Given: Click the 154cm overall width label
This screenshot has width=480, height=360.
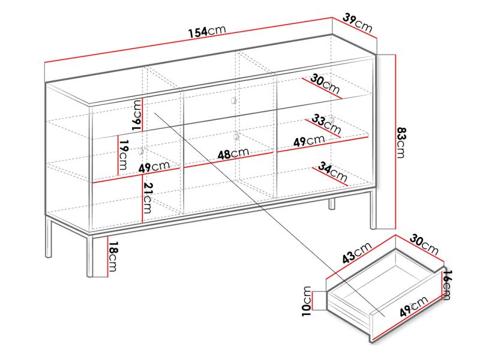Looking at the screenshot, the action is click(x=207, y=31).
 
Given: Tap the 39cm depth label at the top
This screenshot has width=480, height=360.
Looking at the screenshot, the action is click(x=357, y=23).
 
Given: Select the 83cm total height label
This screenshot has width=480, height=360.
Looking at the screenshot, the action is click(x=401, y=142).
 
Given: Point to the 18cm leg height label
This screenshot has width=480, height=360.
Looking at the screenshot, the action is click(x=112, y=257).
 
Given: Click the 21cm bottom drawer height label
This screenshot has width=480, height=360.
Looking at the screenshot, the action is click(x=148, y=198).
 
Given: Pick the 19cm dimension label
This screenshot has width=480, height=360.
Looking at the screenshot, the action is click(x=123, y=155).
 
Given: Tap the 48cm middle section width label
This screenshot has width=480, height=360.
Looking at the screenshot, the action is click(x=233, y=154).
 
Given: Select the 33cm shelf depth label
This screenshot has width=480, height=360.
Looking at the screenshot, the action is click(x=326, y=124).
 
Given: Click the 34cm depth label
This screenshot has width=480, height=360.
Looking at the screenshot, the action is click(x=332, y=172).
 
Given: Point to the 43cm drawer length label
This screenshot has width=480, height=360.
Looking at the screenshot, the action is click(x=357, y=252).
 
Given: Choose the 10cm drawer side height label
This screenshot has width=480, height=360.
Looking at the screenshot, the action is click(x=307, y=301).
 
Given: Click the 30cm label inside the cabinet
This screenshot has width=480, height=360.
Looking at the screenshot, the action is click(x=325, y=84).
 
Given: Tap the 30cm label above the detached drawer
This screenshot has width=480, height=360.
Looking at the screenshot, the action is click(x=424, y=244).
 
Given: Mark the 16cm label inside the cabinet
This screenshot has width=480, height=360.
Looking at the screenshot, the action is click(x=137, y=115).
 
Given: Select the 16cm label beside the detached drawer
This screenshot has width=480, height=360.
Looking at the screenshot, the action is click(x=446, y=284).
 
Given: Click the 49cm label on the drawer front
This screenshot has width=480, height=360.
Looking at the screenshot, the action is click(x=413, y=306).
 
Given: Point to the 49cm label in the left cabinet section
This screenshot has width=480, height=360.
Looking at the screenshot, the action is click(x=154, y=167).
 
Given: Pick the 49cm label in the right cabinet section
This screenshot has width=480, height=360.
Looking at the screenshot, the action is click(x=309, y=141).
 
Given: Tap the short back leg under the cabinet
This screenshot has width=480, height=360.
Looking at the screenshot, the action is click(x=332, y=204).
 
